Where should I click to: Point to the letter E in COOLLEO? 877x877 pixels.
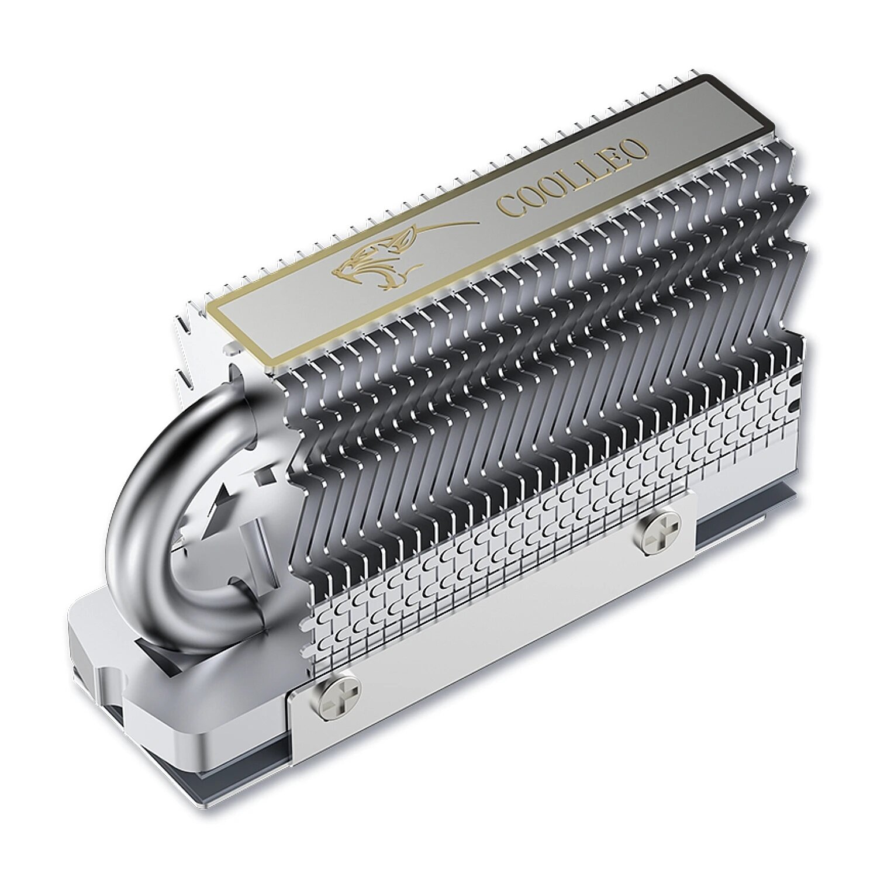pyautogui.click(x=617, y=155)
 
